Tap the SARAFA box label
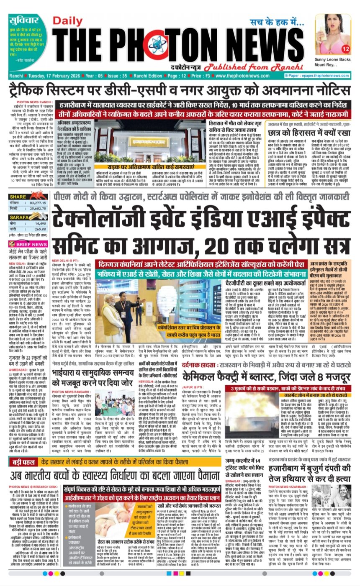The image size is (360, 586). coord(19,218)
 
